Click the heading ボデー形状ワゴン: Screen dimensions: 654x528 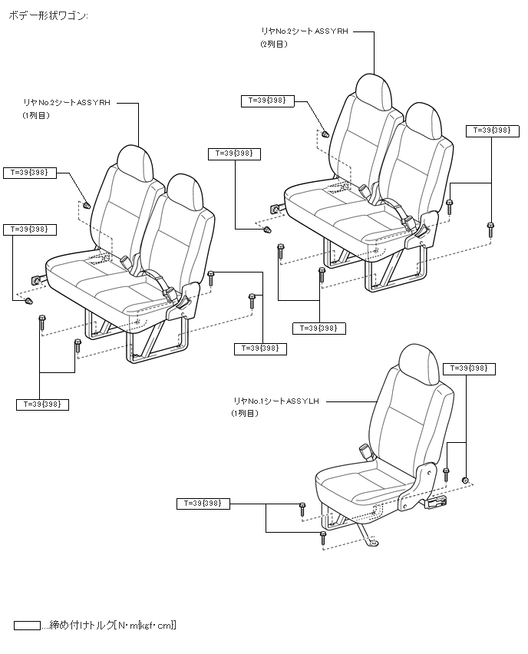pos(48,15)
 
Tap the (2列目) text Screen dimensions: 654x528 pos(273,45)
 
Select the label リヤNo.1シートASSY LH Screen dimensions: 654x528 pos(277,401)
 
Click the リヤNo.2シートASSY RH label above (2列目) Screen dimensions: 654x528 pos(305,32)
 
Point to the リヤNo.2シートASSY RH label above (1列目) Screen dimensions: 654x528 pos(67,102)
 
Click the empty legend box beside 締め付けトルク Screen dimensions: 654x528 pos(27,625)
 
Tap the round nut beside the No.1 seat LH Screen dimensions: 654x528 pos(465,480)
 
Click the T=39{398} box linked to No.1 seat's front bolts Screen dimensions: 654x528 pos(203,504)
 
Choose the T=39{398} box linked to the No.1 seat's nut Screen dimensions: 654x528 pos(469,368)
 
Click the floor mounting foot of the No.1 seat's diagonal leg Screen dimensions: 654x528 pos(372,543)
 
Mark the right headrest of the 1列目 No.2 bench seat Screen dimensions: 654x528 pos(184,190)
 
